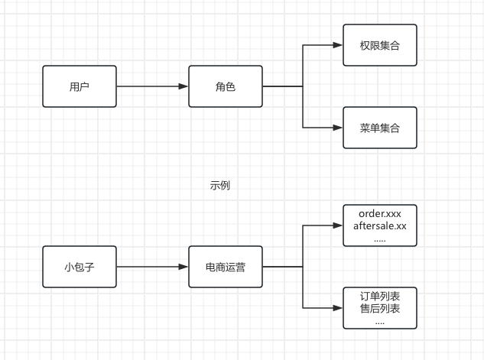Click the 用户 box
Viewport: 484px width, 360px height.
(80, 86)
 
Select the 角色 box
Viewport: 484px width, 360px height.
(226, 86)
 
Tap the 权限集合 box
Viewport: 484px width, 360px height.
(380, 45)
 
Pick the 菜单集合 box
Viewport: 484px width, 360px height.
(380, 128)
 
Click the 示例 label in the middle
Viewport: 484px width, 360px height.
(220, 185)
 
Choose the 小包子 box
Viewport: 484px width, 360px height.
(80, 267)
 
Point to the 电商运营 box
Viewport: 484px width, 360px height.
(226, 267)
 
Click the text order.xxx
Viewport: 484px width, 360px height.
(380, 213)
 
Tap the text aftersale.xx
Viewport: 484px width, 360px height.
(380, 226)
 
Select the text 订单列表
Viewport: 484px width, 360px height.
(380, 296)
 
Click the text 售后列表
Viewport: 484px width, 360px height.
(380, 309)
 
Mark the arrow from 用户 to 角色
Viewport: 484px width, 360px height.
(153, 86)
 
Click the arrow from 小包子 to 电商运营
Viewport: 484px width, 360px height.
(153, 267)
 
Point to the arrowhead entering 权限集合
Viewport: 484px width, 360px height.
(337, 45)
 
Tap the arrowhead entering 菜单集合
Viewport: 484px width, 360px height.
(337, 128)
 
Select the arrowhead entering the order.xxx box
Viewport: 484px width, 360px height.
(337, 225)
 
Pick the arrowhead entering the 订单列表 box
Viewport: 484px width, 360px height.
(337, 308)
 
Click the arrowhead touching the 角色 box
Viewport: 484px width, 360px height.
(184, 86)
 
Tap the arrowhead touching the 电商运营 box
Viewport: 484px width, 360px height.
(184, 267)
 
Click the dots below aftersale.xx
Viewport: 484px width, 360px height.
(380, 239)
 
